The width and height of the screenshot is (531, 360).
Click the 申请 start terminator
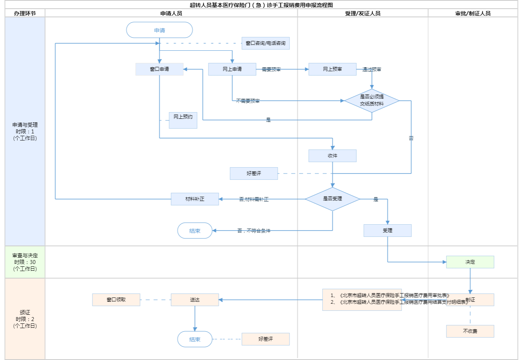point(159,30)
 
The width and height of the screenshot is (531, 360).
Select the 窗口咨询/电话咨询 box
point(265,43)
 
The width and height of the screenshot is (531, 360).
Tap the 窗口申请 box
point(159,69)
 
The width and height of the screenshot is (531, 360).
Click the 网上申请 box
point(232,69)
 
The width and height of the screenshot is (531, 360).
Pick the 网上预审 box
point(332,69)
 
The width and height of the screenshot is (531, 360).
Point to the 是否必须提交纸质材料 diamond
point(372,100)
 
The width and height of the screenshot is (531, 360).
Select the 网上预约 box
point(183,120)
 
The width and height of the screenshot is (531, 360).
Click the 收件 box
point(332,156)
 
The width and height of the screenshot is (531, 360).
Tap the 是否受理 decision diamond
point(332,199)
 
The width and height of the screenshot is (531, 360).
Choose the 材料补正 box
point(195,199)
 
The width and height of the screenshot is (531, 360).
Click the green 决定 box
point(470,262)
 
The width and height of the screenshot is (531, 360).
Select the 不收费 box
point(470,331)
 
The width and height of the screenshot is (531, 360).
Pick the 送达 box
point(195,300)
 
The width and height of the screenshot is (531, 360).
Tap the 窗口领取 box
point(116,300)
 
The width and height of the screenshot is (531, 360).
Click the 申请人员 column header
point(171,13)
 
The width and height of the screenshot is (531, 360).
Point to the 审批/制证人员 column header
point(473,13)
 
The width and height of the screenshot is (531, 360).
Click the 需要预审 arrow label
point(271,70)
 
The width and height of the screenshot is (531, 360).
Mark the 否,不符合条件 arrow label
point(254,231)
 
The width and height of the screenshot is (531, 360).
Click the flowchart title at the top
point(261,5)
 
